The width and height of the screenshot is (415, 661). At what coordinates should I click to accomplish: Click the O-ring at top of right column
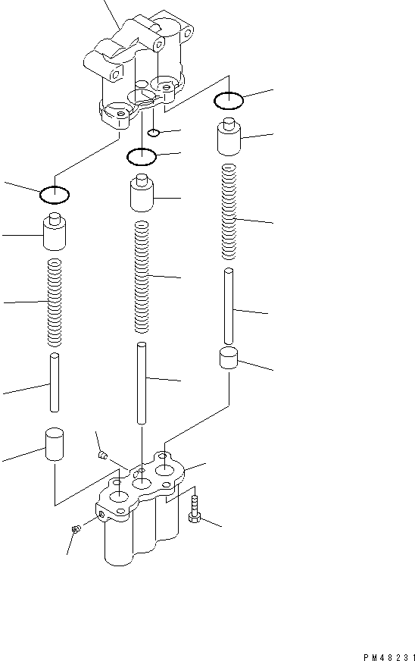pos(228,99)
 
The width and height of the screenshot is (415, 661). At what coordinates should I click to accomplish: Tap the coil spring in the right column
pos(228,210)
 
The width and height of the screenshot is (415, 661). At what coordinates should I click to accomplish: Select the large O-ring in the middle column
pos(141,157)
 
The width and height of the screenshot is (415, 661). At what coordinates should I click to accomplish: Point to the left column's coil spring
pos(54,302)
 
